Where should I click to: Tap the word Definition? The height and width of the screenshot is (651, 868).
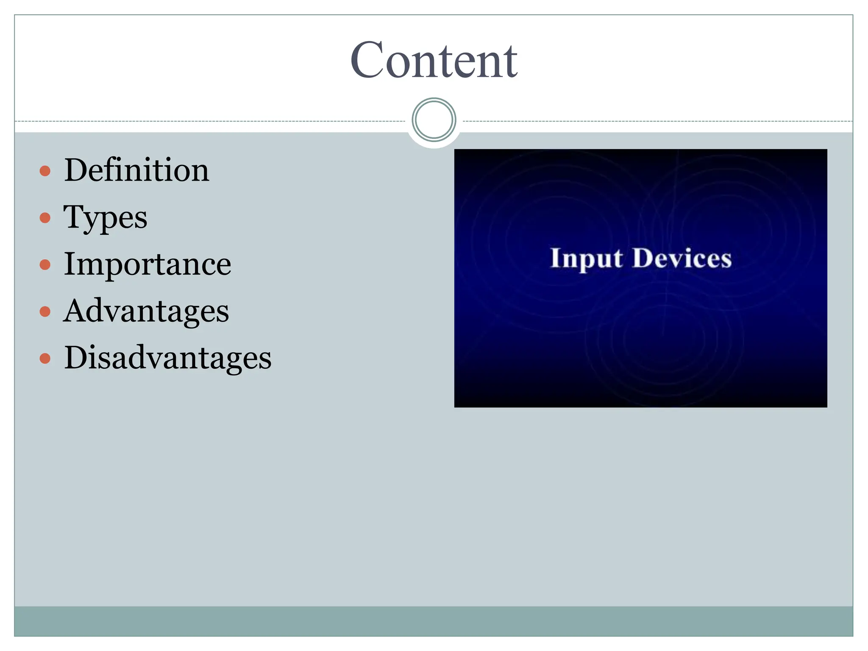coord(136,170)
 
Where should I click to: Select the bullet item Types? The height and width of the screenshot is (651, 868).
coord(106,217)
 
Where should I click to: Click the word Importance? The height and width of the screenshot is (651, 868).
coord(147,264)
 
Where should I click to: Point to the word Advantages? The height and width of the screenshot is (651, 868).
coord(146,311)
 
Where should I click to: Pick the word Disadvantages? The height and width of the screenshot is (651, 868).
coord(167,358)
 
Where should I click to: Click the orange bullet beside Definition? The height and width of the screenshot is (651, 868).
coord(45,171)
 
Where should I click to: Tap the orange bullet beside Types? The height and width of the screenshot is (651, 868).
coord(45,218)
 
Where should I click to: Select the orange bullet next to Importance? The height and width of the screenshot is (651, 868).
coord(45,265)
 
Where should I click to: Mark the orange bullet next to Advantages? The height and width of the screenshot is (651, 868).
coord(45,312)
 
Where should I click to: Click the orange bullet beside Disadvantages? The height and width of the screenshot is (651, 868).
coord(45,359)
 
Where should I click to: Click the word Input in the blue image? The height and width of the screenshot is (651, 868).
coord(587,259)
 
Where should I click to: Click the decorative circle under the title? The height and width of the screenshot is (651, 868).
coord(434,120)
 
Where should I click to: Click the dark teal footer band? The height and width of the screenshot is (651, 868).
coord(434,621)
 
